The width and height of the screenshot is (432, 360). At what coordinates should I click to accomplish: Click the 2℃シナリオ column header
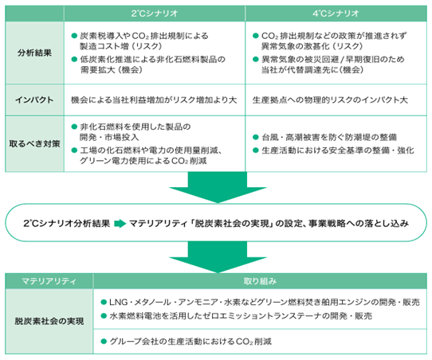[155, 14]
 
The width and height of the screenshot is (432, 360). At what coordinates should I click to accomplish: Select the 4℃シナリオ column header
[336, 14]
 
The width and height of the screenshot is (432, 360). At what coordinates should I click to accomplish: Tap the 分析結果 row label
[34, 53]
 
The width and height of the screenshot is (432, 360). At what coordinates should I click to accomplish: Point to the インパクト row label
[34, 100]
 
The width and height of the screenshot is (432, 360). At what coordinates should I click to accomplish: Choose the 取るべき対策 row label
[34, 143]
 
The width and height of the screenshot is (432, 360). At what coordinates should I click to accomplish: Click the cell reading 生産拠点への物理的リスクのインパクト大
[330, 100]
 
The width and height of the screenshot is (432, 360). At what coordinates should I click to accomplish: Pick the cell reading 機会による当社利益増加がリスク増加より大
[154, 100]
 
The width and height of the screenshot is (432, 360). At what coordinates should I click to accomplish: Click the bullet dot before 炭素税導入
[74, 36]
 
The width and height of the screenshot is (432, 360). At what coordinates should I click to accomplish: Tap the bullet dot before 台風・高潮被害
[255, 137]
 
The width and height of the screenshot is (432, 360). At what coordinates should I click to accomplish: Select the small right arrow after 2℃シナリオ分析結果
[120, 223]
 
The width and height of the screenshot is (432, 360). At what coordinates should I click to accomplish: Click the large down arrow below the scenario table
[218, 188]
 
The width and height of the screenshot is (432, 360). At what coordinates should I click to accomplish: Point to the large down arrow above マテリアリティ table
[218, 257]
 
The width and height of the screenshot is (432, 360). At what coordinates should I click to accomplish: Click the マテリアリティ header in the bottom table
[49, 281]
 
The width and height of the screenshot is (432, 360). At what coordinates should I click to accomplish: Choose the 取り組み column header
[260, 281]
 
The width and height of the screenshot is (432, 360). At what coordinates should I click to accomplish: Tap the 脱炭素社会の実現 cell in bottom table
[49, 321]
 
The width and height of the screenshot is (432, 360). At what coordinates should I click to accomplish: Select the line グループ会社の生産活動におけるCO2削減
[190, 342]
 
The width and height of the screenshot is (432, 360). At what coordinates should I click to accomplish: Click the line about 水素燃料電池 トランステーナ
[241, 315]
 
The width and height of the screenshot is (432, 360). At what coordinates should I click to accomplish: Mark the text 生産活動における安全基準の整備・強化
[338, 151]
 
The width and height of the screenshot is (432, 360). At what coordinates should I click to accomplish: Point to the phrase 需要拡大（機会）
[112, 69]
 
